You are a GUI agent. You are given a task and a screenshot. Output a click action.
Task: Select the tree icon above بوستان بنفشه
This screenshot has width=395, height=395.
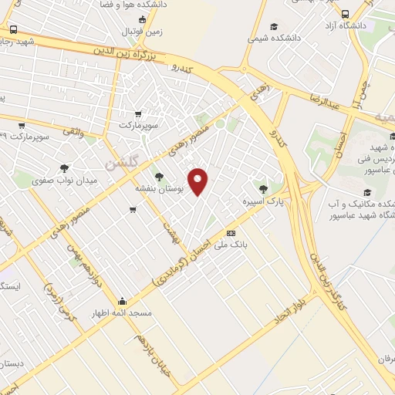click(159, 177)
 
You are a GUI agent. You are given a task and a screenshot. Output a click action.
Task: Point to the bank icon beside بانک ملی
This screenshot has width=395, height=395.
click(230, 233)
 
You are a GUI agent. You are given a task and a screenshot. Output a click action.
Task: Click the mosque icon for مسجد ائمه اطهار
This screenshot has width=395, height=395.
click(122, 301)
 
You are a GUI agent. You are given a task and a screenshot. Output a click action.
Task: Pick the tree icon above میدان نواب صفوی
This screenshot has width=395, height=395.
click(64, 167)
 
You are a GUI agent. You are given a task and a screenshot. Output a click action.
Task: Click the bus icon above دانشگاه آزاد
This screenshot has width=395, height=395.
click(345, 14)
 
